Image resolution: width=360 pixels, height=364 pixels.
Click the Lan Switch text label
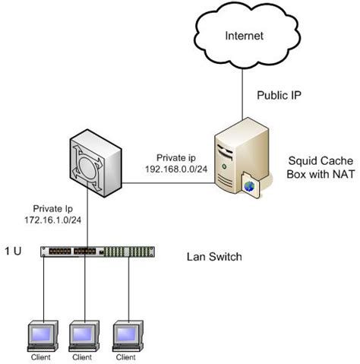click(214, 257)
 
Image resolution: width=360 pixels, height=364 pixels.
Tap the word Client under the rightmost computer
click(125, 356)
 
